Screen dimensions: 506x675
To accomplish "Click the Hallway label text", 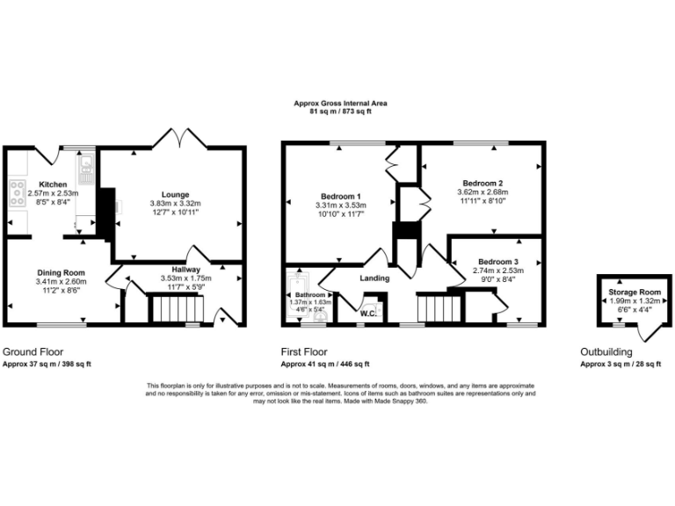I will pyautogui.click(x=186, y=270).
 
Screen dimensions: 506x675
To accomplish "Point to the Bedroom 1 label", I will pyautogui.click(x=339, y=195).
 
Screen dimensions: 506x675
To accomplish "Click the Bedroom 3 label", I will pyautogui.click(x=498, y=262).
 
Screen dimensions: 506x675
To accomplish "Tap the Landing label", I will pyautogui.click(x=374, y=278).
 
